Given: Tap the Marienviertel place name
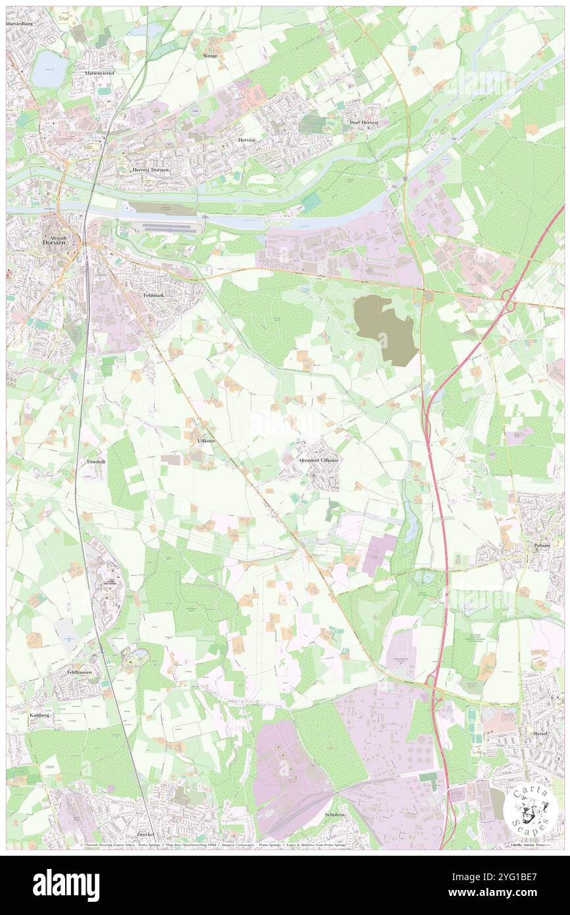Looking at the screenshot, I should click(x=99, y=73).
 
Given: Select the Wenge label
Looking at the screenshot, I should click(x=210, y=55).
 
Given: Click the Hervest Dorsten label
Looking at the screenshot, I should click(x=151, y=170).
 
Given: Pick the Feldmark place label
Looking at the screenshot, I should click(x=153, y=296).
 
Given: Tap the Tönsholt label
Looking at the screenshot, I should click(x=96, y=462).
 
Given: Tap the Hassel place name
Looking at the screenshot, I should click(x=541, y=733).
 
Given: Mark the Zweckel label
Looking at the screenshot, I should click(x=145, y=833).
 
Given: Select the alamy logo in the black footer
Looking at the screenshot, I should click(x=66, y=885).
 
